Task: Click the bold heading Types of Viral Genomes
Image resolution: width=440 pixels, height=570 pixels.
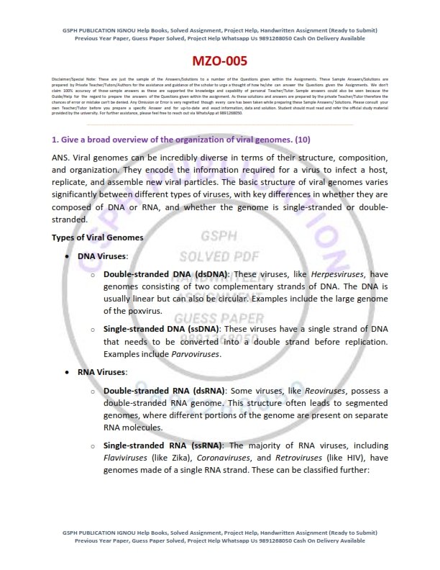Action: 98,237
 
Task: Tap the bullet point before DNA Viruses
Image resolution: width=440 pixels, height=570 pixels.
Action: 68,255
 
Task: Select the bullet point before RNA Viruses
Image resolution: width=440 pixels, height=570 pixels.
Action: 68,372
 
